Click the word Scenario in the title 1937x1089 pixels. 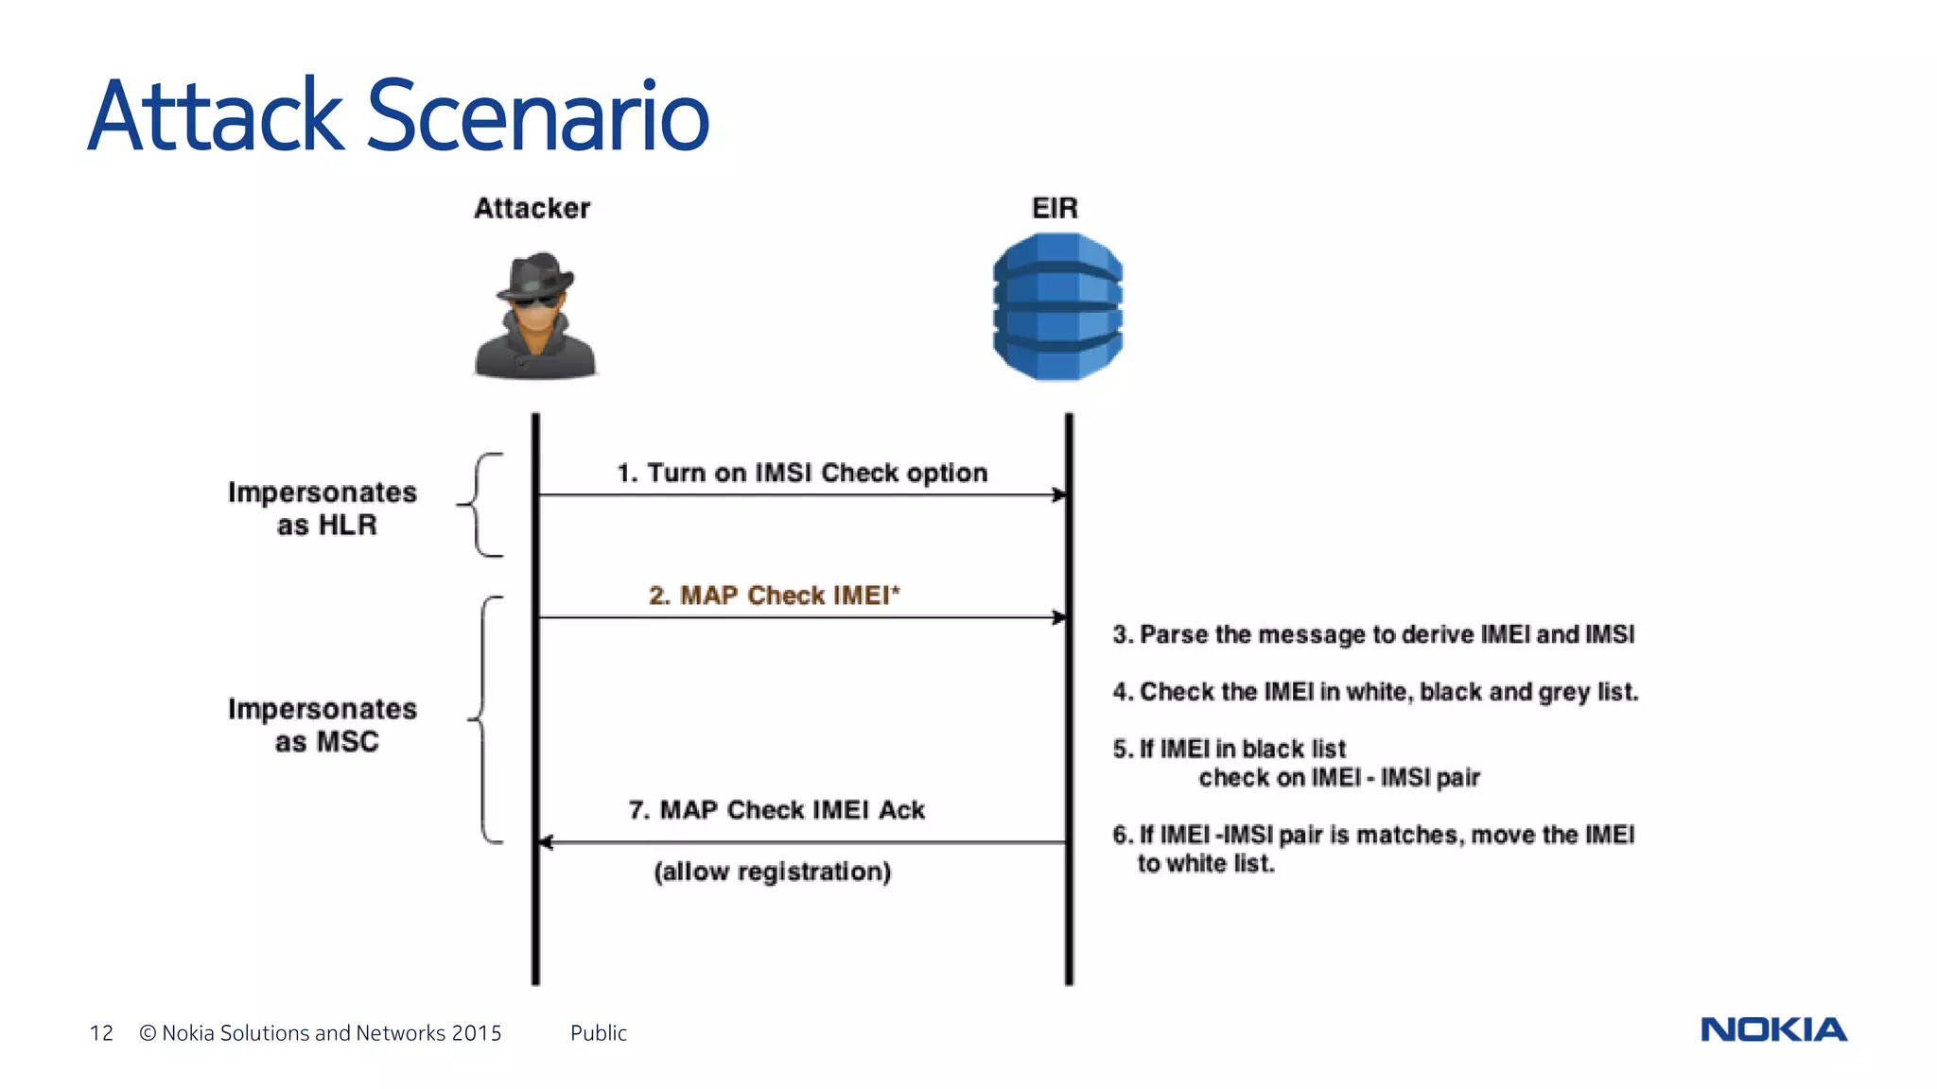click(537, 116)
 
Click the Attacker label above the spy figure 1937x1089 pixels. click(532, 208)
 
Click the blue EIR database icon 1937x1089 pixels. click(1057, 307)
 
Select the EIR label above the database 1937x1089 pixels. click(1055, 208)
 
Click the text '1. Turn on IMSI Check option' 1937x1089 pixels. click(802, 473)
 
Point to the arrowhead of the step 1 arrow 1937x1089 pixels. click(1060, 494)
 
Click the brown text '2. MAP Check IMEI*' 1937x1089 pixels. click(774, 596)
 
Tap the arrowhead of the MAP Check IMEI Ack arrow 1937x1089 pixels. click(546, 842)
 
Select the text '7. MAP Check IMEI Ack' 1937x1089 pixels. click(777, 810)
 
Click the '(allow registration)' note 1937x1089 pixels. click(772, 872)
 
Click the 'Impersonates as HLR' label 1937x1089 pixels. click(323, 509)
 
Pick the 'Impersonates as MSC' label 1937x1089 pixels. click(323, 725)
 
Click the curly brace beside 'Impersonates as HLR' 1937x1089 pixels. click(480, 505)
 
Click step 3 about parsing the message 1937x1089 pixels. click(1373, 634)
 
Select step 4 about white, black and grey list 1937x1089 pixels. click(1375, 692)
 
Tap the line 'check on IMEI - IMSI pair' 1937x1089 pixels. click(1338, 778)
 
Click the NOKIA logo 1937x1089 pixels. click(1773, 1029)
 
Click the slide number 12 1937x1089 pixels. click(101, 1033)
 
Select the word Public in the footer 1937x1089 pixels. click(598, 1033)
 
